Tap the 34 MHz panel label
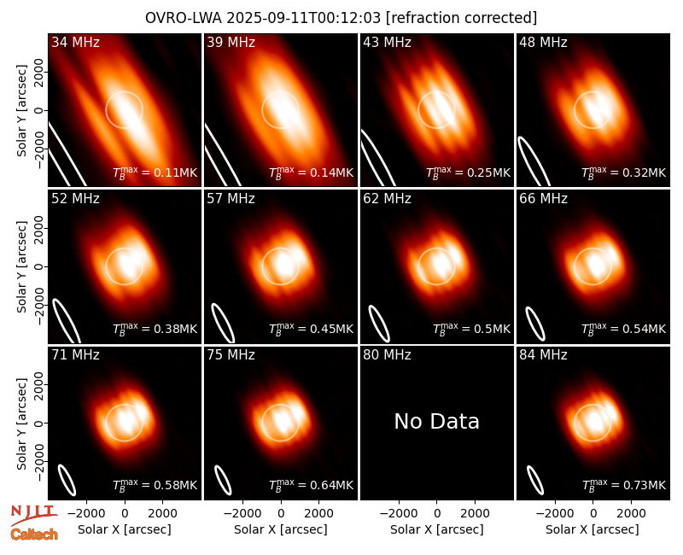[75, 42]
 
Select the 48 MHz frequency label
[543, 42]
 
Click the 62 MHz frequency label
[387, 199]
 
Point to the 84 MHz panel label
[543, 355]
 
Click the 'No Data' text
[436, 421]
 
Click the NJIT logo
[33, 514]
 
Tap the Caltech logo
[34, 535]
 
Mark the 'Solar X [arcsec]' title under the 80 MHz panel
[436, 529]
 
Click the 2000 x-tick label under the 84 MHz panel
[631, 513]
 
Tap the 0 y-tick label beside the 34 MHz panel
[39, 111]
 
